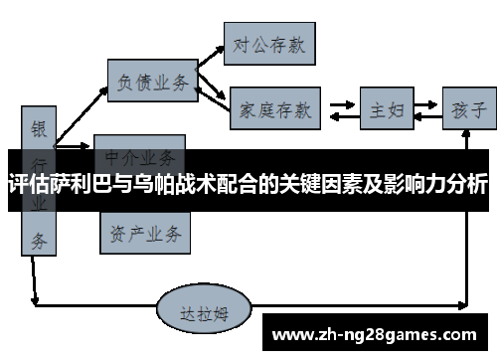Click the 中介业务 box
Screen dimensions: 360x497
tap(140, 155)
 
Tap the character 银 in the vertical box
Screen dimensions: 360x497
tap(39, 129)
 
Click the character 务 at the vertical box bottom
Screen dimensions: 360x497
tap(39, 239)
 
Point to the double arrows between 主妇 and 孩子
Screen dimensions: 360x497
tap(424, 108)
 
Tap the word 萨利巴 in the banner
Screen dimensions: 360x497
tap(77, 185)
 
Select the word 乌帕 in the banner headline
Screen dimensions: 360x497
tap(146, 185)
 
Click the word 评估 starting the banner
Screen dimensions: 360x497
tap(27, 185)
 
